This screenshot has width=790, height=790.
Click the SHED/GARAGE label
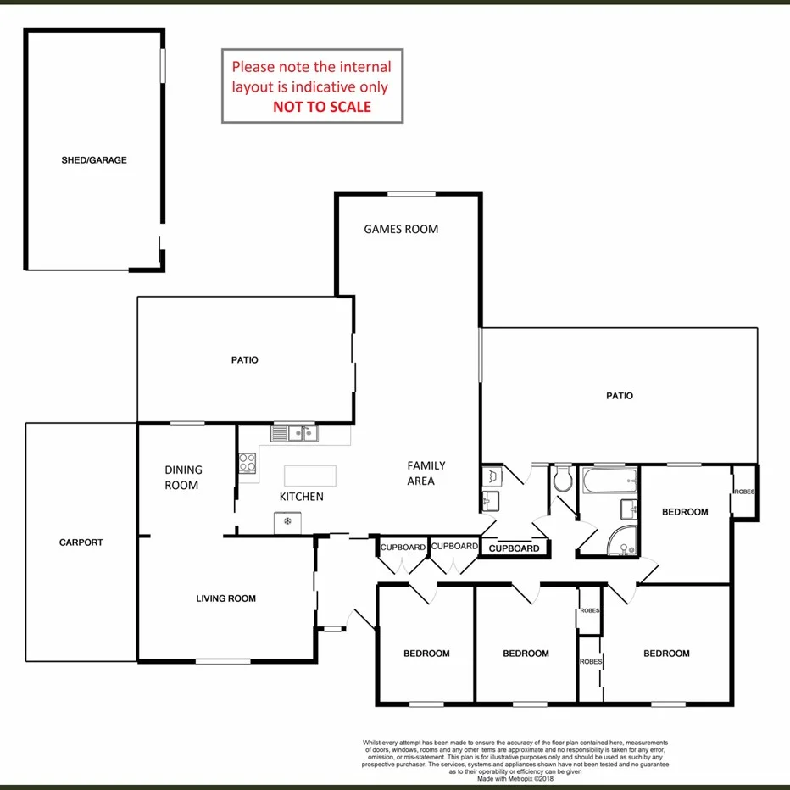click(x=94, y=160)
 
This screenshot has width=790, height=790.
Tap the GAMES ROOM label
click(x=401, y=229)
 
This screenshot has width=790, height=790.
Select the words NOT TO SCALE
click(x=322, y=107)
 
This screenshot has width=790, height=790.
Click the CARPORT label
click(x=81, y=542)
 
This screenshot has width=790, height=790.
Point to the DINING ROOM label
click(x=183, y=477)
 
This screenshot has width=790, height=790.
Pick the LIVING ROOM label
click(x=225, y=598)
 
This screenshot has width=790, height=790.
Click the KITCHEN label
click(x=302, y=497)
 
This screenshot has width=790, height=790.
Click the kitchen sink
click(x=294, y=434)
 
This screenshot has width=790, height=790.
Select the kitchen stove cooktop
click(x=248, y=463)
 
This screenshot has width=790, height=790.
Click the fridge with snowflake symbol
click(x=287, y=521)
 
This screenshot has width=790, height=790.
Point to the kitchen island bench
click(x=309, y=475)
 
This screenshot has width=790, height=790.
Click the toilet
click(x=563, y=481)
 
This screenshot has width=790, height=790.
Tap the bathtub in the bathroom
click(x=609, y=483)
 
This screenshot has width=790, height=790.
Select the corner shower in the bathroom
click(x=623, y=540)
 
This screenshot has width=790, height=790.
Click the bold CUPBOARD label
click(x=515, y=548)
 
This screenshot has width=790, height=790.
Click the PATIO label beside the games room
click(x=620, y=396)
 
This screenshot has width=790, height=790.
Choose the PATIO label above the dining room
click(x=244, y=360)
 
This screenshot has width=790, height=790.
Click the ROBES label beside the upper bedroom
click(x=744, y=492)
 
